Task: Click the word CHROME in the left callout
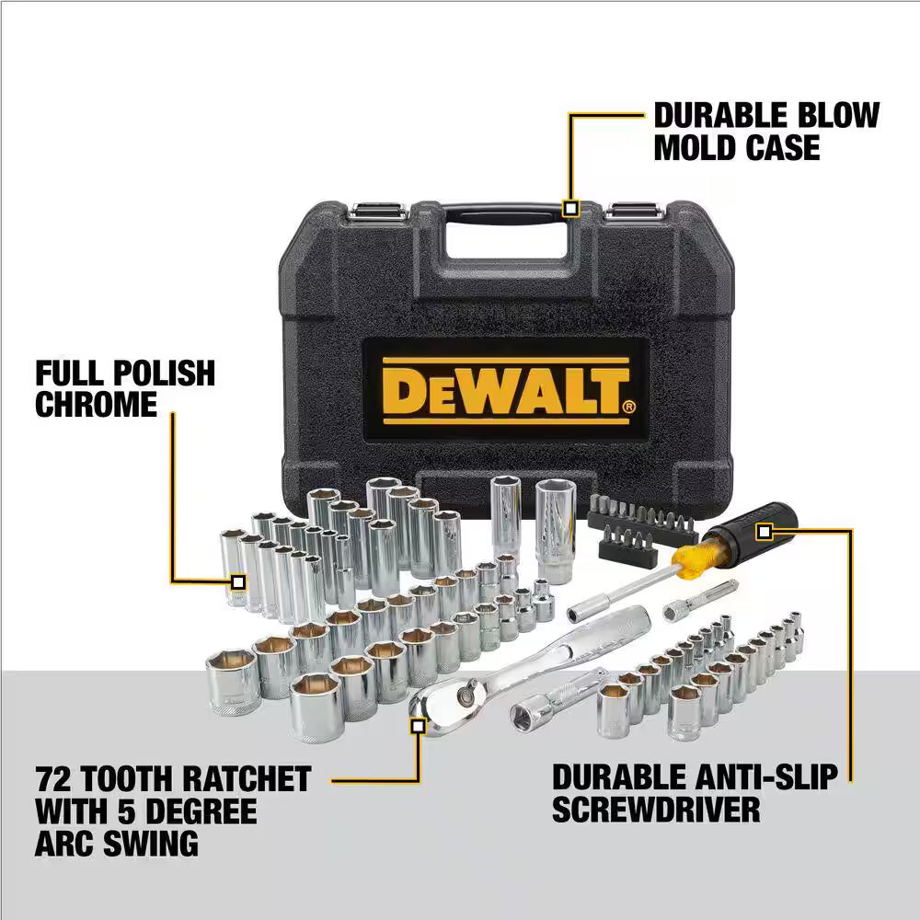[97, 405]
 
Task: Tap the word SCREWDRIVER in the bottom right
[656, 810]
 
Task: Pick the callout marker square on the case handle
[570, 209]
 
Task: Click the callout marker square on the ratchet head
[418, 726]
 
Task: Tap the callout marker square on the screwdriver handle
[763, 532]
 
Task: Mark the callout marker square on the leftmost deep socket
[238, 581]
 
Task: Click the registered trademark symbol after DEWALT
[628, 406]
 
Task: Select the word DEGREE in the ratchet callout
[198, 811]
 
